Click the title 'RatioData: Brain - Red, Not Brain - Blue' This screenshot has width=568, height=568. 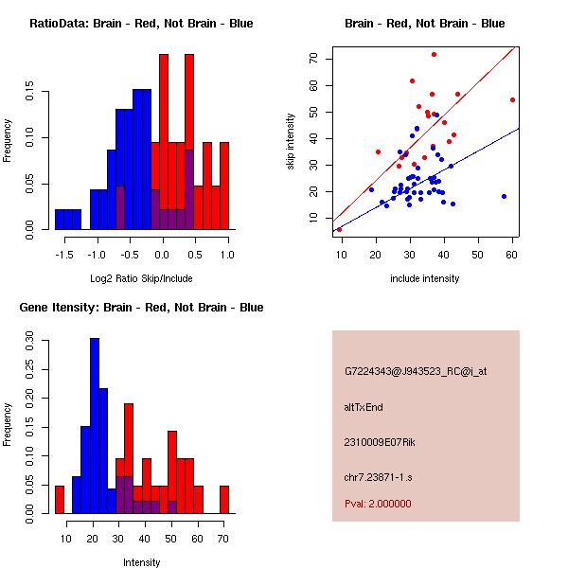point(140,24)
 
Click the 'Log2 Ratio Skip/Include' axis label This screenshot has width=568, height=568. point(140,278)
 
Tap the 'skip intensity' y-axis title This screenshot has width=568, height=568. point(291,142)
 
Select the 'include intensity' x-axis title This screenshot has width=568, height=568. point(424,278)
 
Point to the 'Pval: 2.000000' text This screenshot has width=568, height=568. point(378,504)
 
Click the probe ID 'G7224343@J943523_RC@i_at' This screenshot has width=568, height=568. point(416,372)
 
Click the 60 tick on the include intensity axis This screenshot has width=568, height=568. point(511,255)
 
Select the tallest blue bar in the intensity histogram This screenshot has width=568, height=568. point(95,426)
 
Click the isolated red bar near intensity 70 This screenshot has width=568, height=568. point(224,499)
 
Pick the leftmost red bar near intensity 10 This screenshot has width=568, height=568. point(60,499)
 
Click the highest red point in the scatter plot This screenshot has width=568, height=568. point(434,54)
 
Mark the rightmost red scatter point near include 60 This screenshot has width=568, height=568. point(512,99)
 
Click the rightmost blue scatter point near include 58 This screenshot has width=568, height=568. point(504,196)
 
